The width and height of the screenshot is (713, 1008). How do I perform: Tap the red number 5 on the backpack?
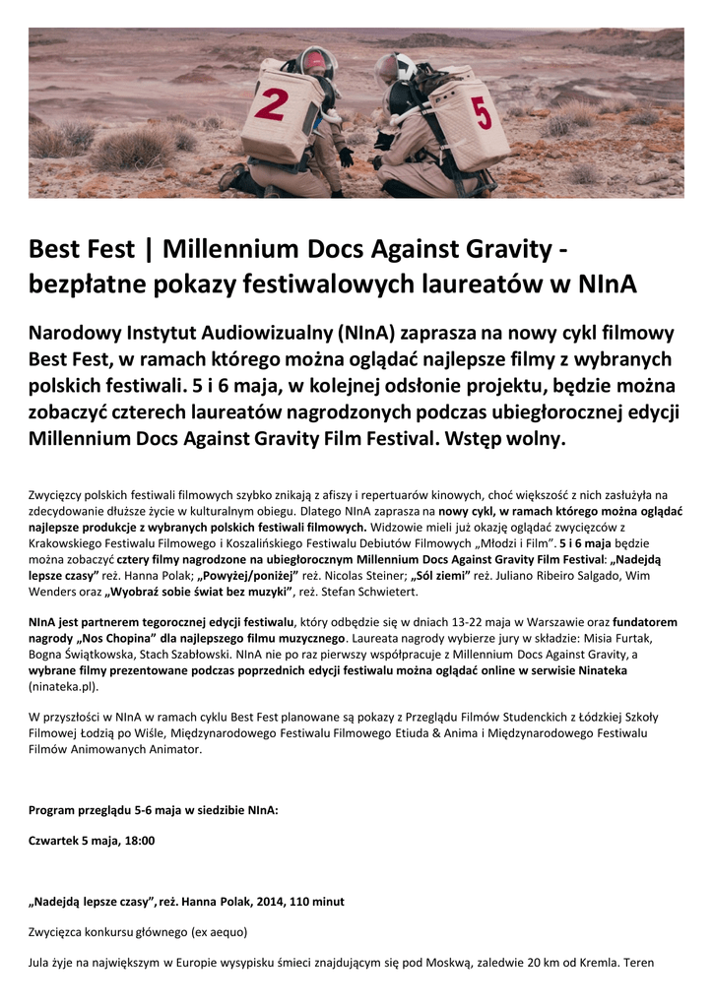pyautogui.click(x=483, y=113)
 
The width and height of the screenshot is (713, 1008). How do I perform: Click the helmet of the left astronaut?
pyautogui.click(x=317, y=63)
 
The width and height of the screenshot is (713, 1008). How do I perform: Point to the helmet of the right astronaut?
pyautogui.click(x=391, y=69)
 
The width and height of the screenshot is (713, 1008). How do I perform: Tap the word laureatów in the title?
pyautogui.click(x=477, y=283)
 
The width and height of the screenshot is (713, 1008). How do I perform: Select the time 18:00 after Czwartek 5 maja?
pyautogui.click(x=139, y=840)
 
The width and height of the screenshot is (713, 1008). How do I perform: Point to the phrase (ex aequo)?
pyautogui.click(x=214, y=931)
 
